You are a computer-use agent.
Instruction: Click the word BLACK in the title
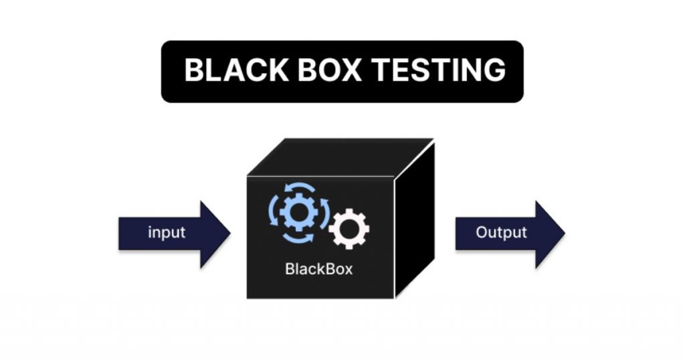click(x=231, y=70)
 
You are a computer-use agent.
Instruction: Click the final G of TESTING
click(x=493, y=70)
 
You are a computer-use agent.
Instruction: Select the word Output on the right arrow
click(x=501, y=233)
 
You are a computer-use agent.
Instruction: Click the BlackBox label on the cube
click(x=318, y=270)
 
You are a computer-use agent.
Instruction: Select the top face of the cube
click(x=341, y=157)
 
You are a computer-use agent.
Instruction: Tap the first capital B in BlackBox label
click(x=289, y=270)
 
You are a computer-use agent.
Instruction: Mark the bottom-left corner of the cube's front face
click(x=248, y=298)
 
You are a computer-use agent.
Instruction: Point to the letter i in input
click(x=149, y=233)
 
